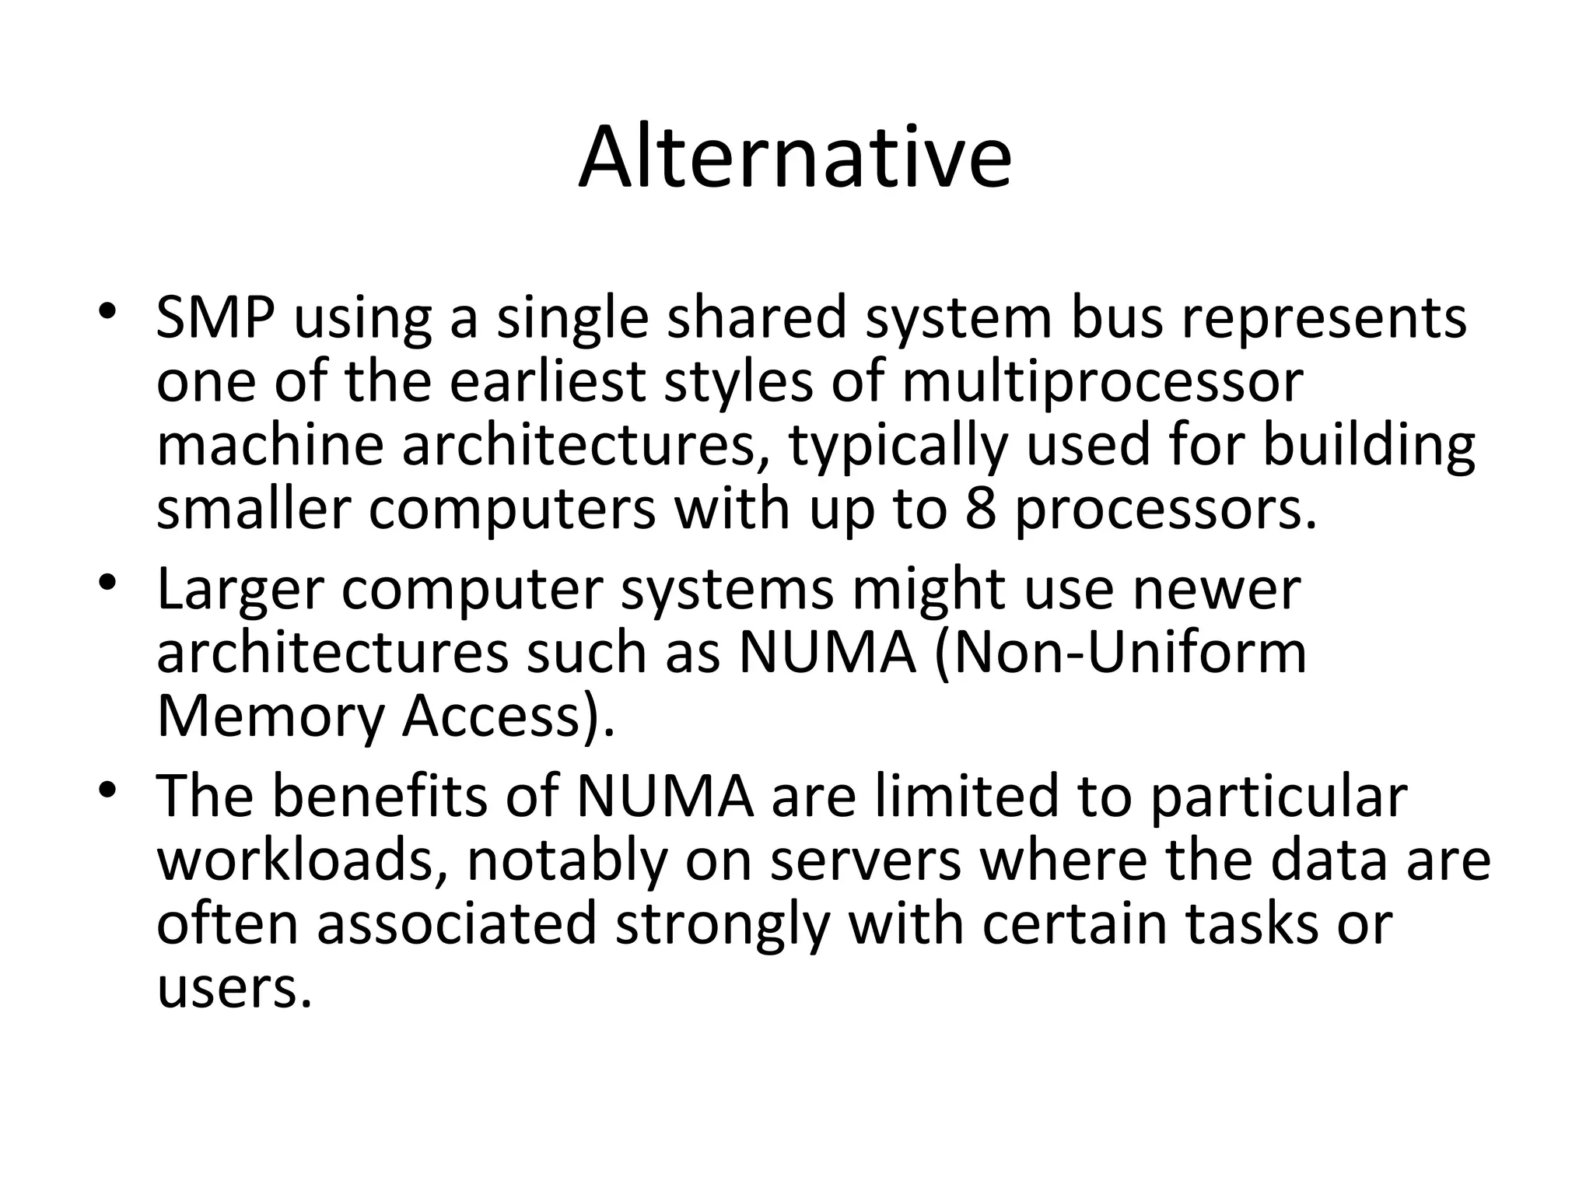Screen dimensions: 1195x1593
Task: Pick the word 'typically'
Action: click(898, 448)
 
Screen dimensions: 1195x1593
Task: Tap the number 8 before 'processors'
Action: click(981, 510)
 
